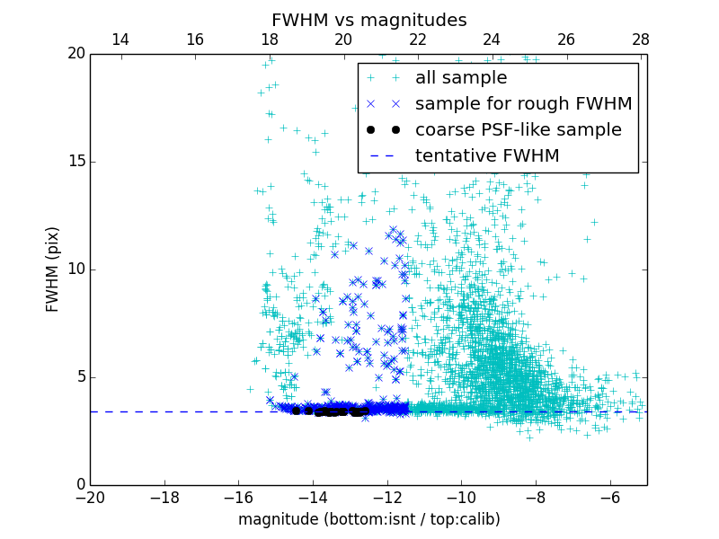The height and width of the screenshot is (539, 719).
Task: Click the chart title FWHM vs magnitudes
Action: tap(368, 20)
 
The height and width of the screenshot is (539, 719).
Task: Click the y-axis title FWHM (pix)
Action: tap(53, 269)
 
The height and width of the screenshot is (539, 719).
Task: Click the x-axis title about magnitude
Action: tap(368, 519)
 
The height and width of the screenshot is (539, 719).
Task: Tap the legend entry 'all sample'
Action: tap(460, 78)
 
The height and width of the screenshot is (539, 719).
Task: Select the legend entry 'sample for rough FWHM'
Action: tap(523, 104)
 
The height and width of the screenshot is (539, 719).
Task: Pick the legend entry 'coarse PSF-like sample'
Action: tap(518, 130)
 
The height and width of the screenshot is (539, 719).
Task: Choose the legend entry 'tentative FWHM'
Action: tap(486, 156)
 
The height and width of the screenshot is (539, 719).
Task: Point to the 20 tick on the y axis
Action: tap(75, 54)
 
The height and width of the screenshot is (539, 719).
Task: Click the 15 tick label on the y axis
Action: tap(75, 162)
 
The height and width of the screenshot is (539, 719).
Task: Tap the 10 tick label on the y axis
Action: tap(75, 269)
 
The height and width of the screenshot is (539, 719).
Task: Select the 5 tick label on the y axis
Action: tap(79, 377)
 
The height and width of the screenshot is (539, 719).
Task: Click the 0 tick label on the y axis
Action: tap(79, 485)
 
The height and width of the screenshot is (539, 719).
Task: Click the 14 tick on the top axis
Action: tap(120, 40)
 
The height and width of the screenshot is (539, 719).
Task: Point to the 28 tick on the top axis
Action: tap(640, 40)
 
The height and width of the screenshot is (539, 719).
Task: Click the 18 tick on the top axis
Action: tap(269, 40)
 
